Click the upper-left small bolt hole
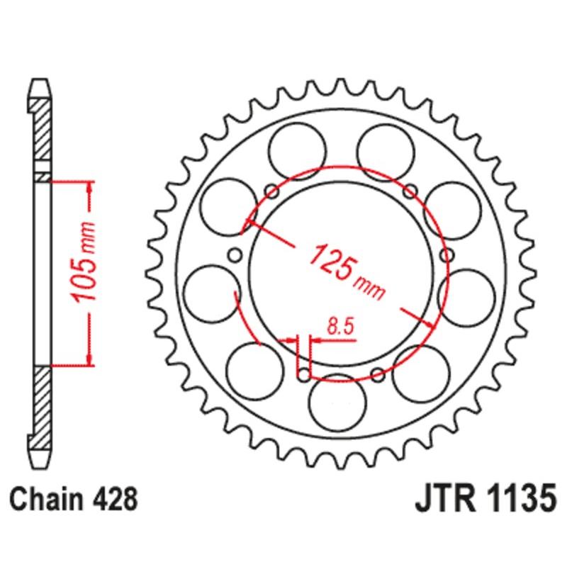[269, 189]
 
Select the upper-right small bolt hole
[409, 189]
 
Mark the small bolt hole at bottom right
[376, 374]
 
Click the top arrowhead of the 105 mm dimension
[89, 186]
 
